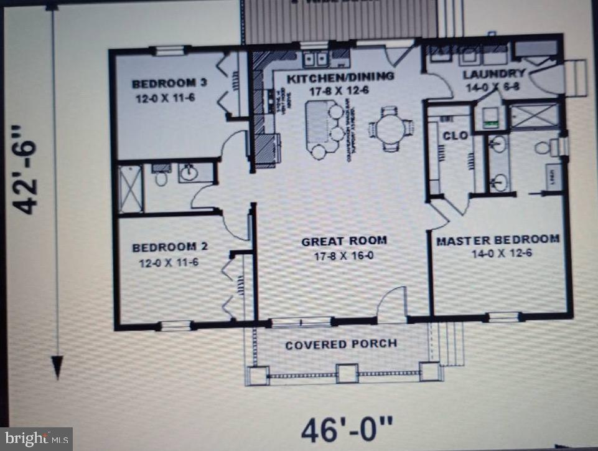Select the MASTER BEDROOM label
point(497,239)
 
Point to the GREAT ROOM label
point(344,240)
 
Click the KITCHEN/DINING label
point(340,76)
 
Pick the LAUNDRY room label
point(495,74)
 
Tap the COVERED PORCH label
point(341,344)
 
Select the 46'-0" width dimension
point(347,429)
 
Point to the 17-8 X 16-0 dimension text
point(344,255)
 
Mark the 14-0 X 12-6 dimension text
point(497,254)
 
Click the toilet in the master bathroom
point(543,147)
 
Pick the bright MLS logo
point(36,439)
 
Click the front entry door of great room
point(392,305)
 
